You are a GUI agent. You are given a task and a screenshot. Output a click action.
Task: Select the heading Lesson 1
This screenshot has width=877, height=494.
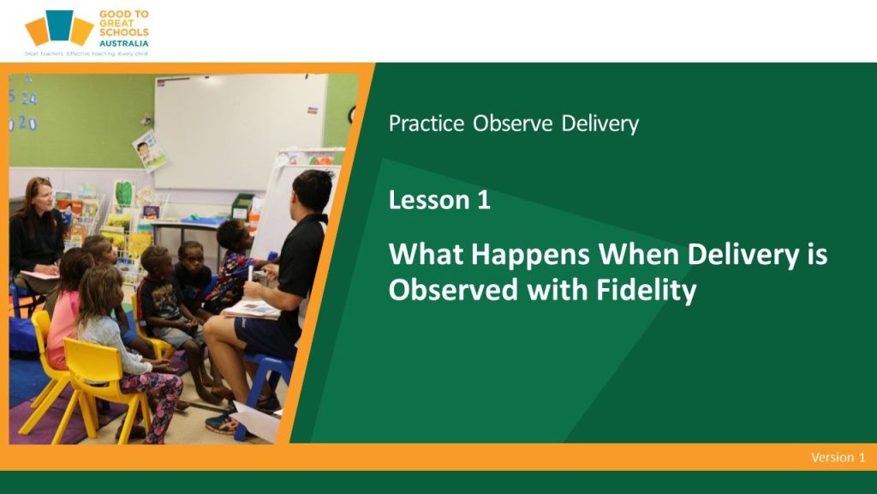tap(439, 200)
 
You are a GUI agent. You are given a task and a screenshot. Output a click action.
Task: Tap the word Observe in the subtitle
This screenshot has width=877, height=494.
tap(513, 123)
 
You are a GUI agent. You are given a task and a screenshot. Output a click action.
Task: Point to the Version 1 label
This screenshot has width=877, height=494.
tap(838, 457)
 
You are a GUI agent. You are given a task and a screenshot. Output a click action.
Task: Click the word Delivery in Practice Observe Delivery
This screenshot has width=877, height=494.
tap(600, 123)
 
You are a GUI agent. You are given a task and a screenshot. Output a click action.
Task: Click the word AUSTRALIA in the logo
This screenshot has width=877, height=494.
tap(124, 43)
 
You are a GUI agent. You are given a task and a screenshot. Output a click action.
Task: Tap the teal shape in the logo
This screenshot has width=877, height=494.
tap(60, 25)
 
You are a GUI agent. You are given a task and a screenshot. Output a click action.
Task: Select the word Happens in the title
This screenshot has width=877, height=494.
tap(530, 255)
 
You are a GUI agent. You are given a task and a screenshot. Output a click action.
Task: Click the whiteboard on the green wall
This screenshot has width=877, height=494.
tap(241, 132)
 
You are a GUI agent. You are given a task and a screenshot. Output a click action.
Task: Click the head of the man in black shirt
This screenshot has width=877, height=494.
tap(312, 191)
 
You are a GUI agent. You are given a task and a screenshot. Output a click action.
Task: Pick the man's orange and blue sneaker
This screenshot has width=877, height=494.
tap(224, 423)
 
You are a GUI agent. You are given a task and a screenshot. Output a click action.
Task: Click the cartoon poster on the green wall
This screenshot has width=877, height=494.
tap(149, 150)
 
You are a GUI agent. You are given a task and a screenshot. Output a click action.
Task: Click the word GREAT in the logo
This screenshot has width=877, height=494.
tap(116, 23)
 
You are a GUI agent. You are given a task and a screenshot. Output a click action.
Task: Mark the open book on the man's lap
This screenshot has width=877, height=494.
tap(253, 309)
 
